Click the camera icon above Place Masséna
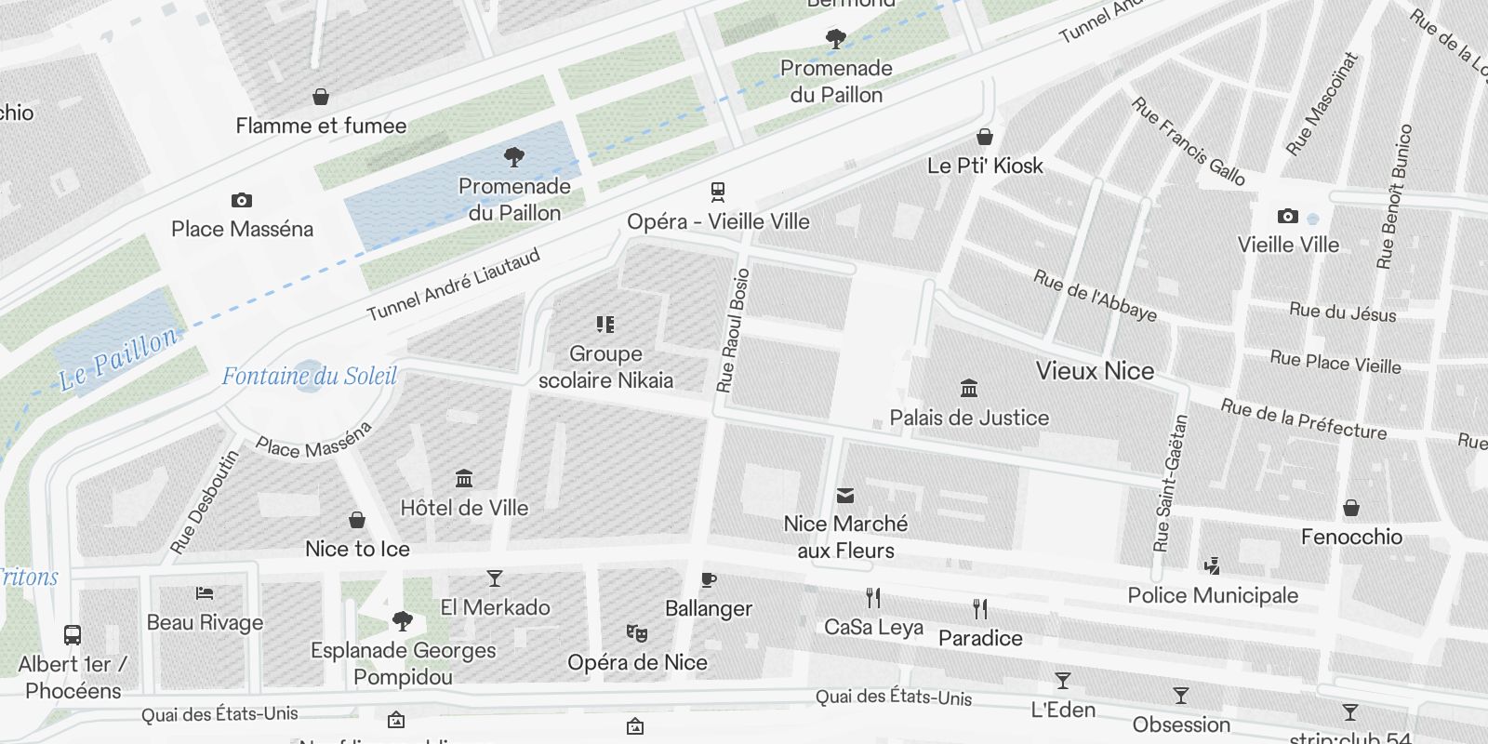click(242, 200)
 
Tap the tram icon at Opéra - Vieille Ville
click(717, 193)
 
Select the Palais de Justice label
click(969, 418)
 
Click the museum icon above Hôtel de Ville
click(464, 479)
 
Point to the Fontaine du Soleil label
click(309, 376)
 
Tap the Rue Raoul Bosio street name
click(733, 330)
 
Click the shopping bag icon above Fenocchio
click(1351, 508)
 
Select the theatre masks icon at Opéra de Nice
click(637, 633)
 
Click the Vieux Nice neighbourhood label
click(1095, 371)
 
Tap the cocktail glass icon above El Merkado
click(495, 578)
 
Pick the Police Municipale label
click(1213, 595)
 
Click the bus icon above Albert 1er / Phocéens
click(73, 635)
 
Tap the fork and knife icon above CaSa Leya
click(872, 597)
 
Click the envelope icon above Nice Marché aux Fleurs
click(845, 495)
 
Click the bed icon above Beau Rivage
click(205, 593)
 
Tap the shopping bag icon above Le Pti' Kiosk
click(985, 137)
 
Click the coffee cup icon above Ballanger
click(709, 580)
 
